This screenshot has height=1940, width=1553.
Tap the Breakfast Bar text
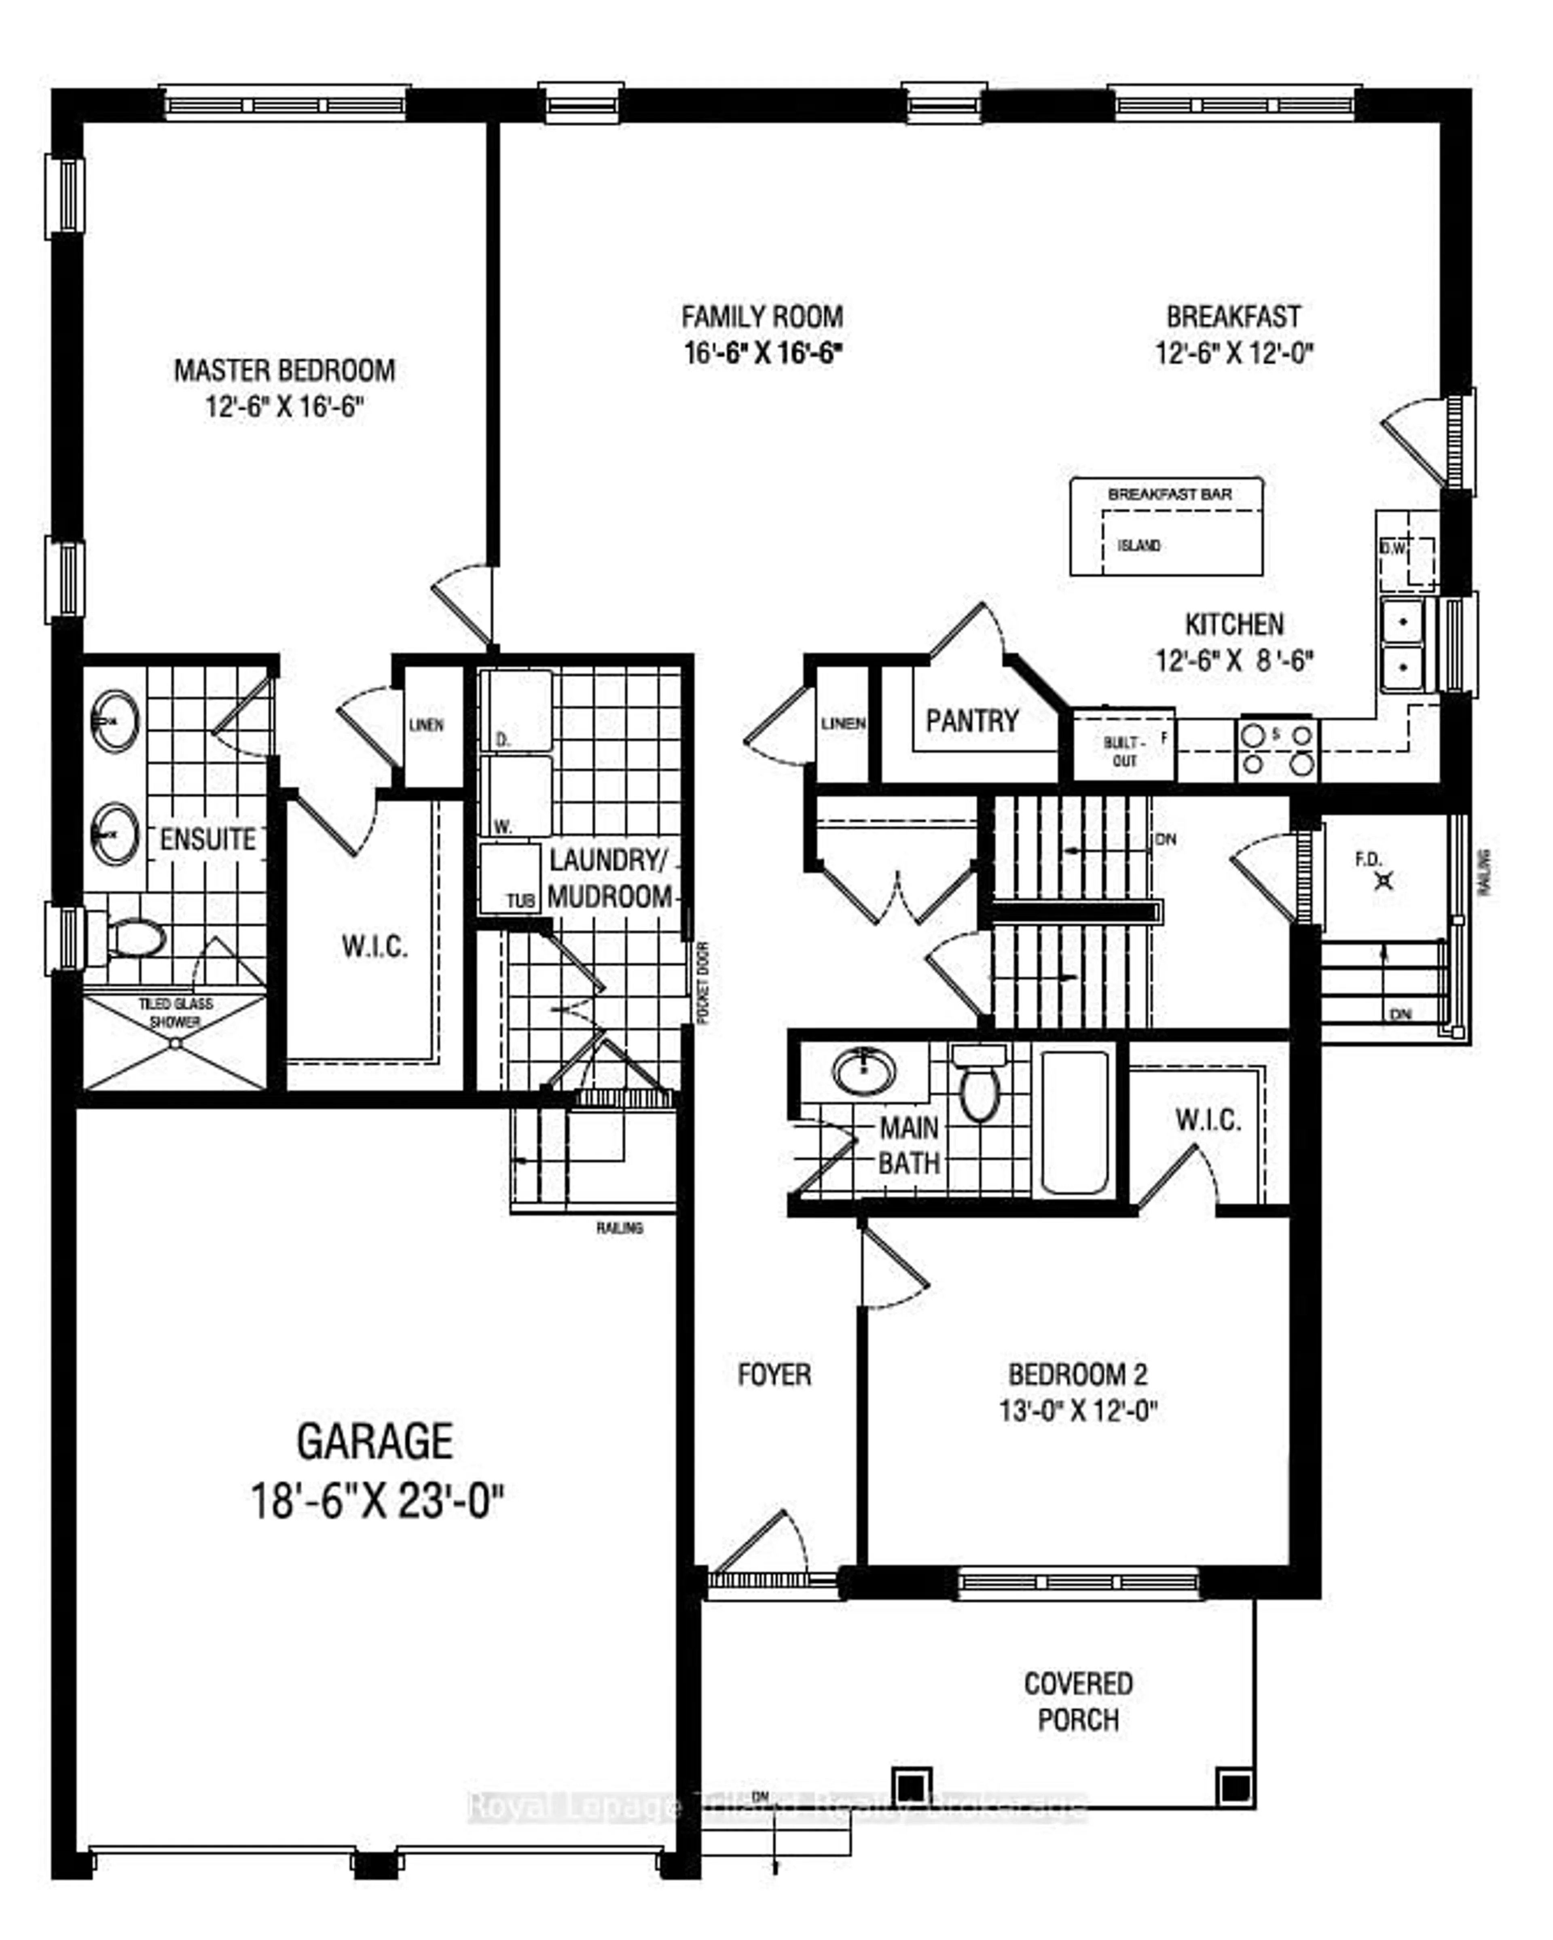coord(1169,494)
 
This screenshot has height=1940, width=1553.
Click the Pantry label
coord(972,721)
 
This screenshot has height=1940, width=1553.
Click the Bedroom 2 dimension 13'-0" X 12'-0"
coord(1077,1410)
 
